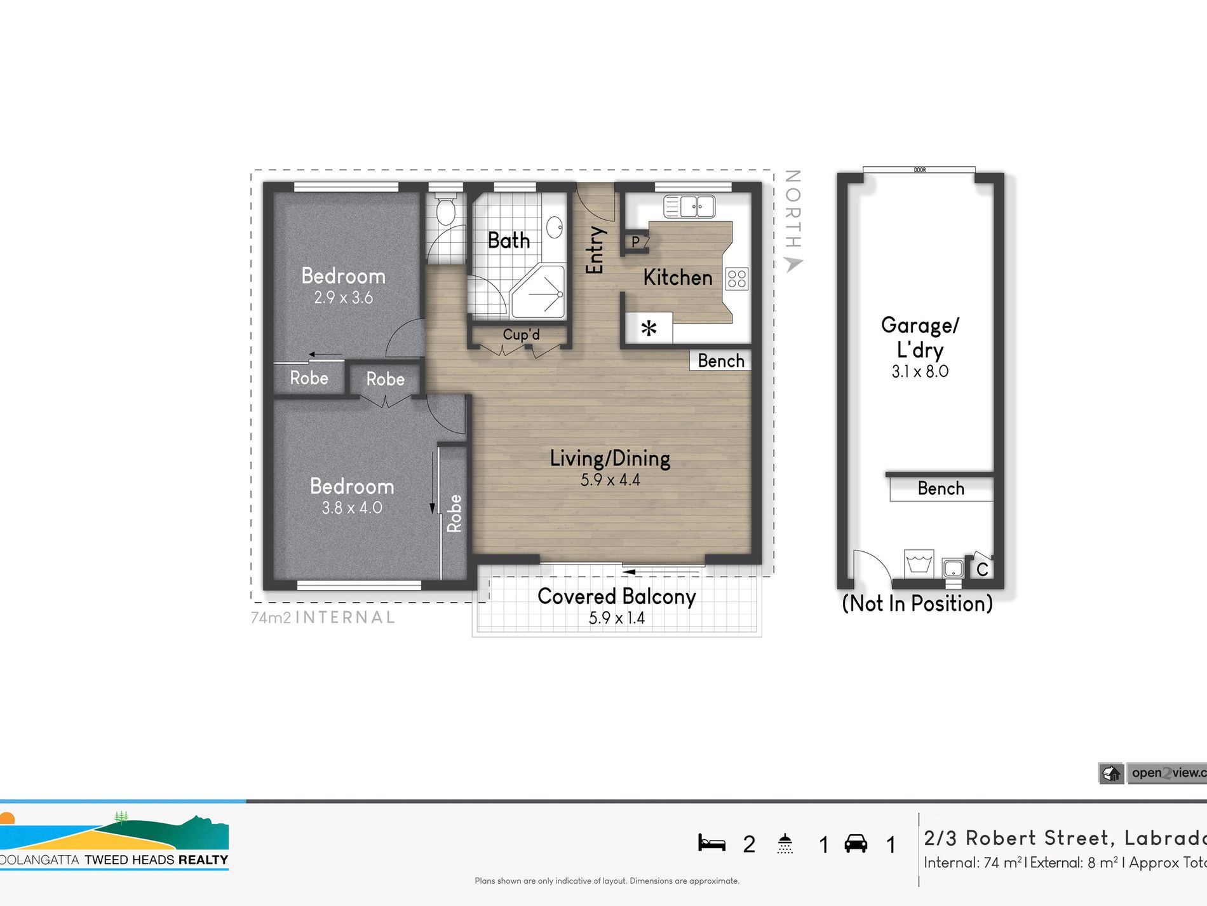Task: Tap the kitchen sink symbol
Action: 689,207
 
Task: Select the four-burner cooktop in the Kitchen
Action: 737,278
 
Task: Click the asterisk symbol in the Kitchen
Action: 649,329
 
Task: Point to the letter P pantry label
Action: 635,242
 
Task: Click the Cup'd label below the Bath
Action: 521,334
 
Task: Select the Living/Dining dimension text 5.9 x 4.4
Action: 610,480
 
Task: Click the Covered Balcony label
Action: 616,596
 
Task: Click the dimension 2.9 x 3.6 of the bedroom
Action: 343,298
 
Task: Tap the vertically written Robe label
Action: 454,513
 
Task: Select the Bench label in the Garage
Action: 941,488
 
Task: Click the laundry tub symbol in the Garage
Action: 919,563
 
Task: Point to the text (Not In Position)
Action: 917,603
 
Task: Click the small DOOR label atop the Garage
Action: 919,170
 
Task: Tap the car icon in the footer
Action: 856,844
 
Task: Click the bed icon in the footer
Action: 711,843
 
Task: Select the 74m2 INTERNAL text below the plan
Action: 323,617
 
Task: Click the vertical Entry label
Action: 595,250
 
